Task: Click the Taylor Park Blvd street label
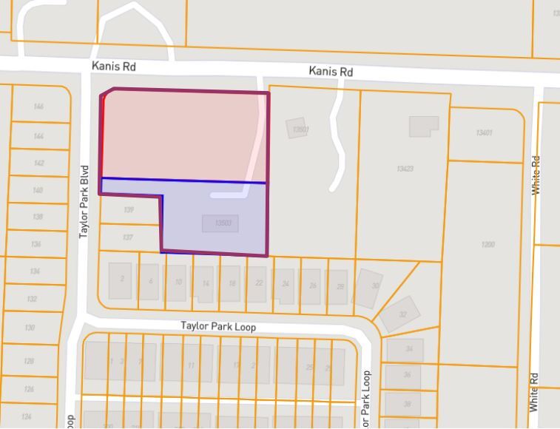[84, 200]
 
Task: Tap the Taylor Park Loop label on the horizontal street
[218, 326]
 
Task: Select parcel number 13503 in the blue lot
[223, 223]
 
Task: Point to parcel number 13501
[300, 129]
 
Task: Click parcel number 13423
[404, 169]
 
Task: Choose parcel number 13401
[484, 132]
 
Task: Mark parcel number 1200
[488, 244]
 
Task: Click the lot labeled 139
[129, 210]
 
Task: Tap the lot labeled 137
[128, 237]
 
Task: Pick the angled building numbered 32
[400, 314]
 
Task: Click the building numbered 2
[121, 280]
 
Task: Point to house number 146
[38, 107]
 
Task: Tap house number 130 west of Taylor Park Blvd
[30, 328]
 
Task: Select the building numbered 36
[407, 375]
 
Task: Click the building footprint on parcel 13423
[423, 126]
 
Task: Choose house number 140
[38, 190]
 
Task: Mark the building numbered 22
[258, 283]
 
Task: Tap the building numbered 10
[178, 283]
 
